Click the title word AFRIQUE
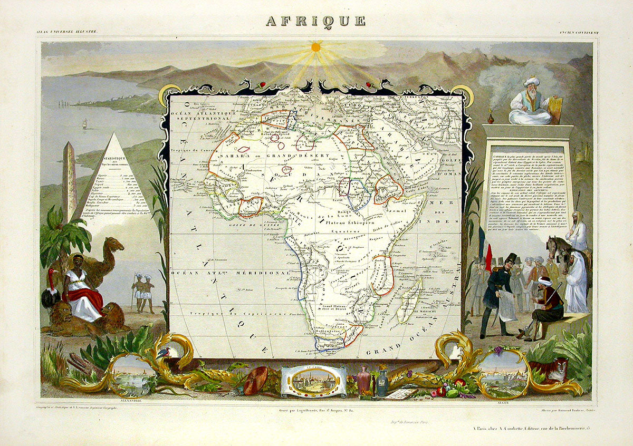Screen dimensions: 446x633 [x=315, y=21]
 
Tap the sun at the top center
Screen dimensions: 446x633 [x=315, y=47]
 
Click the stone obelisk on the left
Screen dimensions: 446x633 [x=69, y=179]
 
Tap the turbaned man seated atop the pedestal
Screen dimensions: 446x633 [x=530, y=103]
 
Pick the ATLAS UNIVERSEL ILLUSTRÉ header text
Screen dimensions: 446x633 [x=68, y=33]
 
